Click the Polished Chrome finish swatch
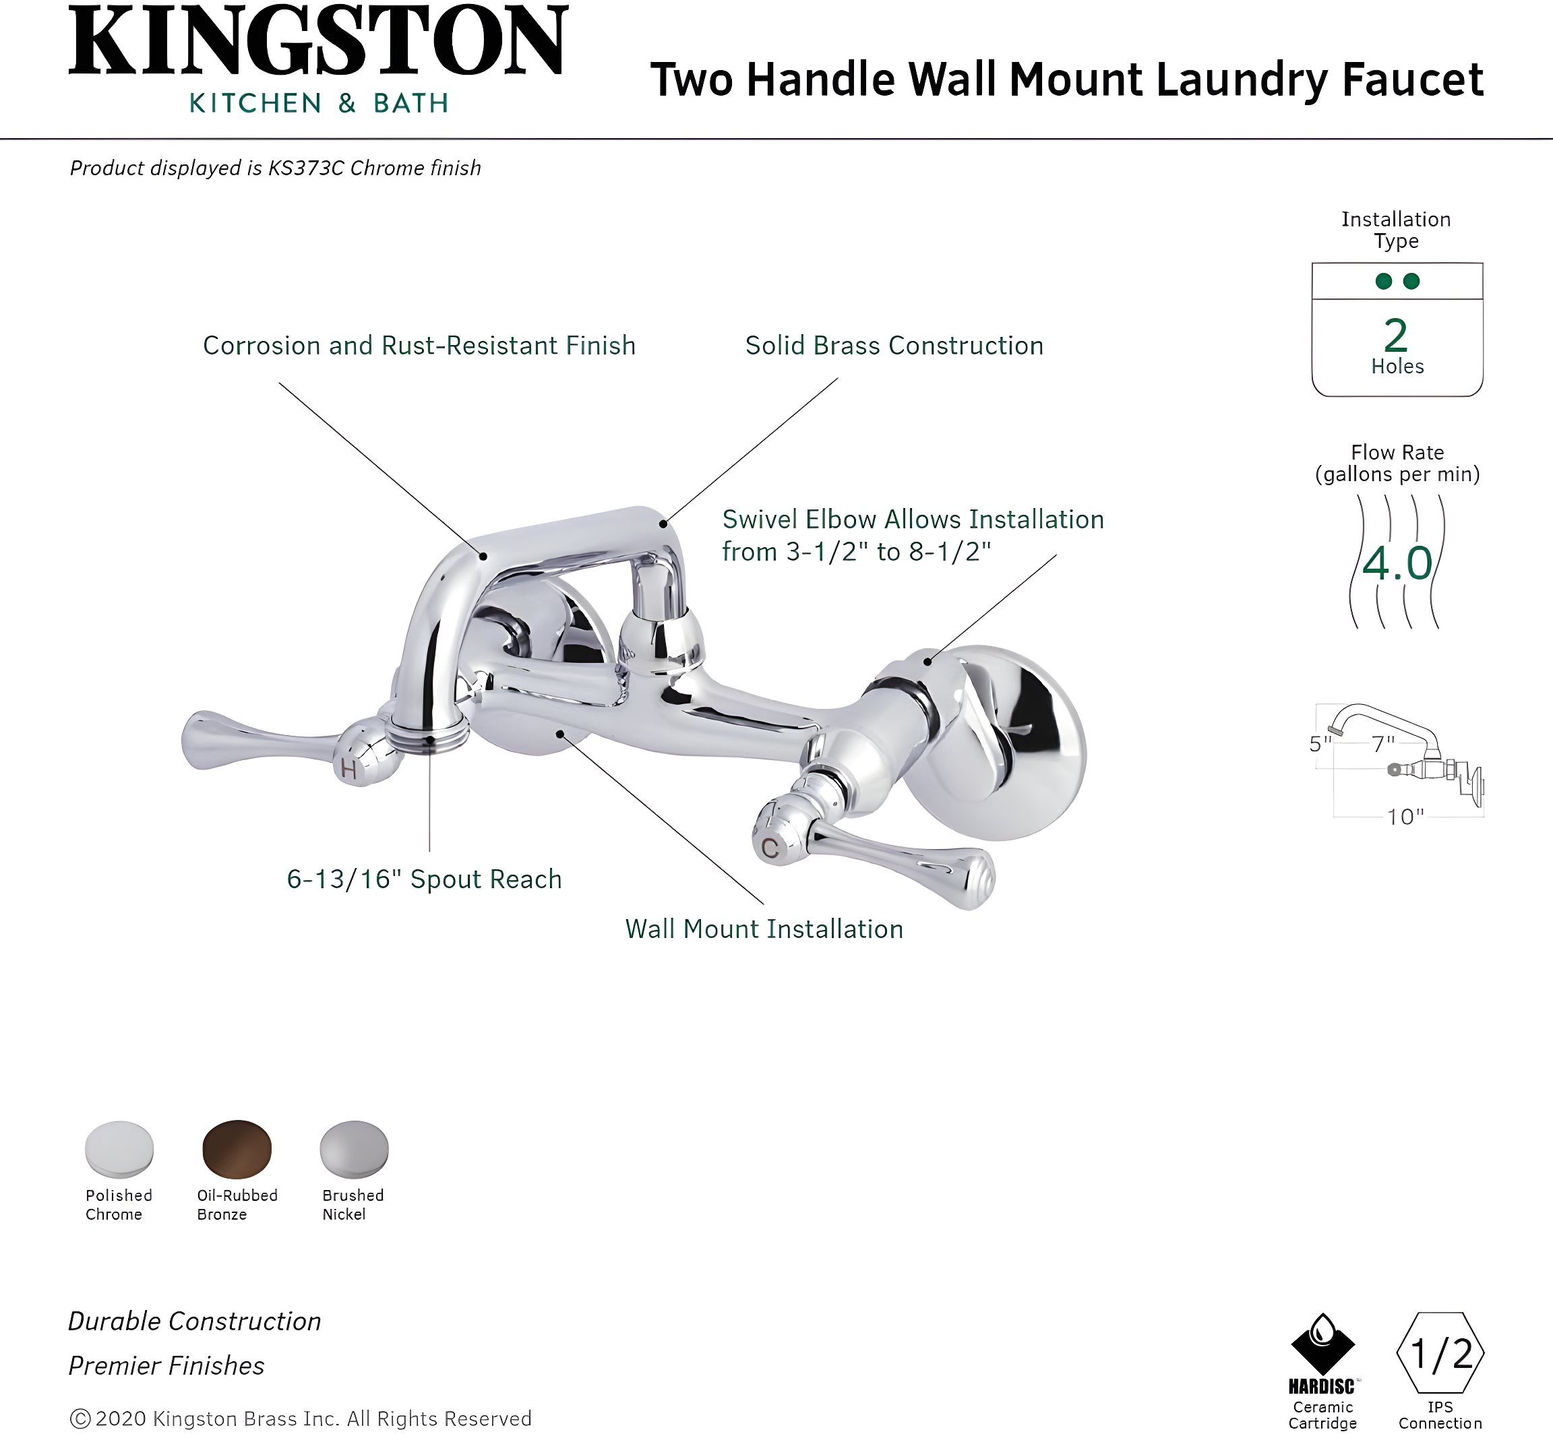(x=119, y=1148)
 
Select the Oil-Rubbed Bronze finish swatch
(x=237, y=1148)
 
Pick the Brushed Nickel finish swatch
(x=354, y=1148)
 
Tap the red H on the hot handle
(x=348, y=769)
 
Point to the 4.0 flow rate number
(x=1397, y=563)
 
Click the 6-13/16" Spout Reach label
(x=424, y=879)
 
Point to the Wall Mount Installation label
(x=764, y=929)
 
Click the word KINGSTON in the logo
(x=318, y=42)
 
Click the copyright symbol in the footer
(x=80, y=1419)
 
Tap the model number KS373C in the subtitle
(x=306, y=168)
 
